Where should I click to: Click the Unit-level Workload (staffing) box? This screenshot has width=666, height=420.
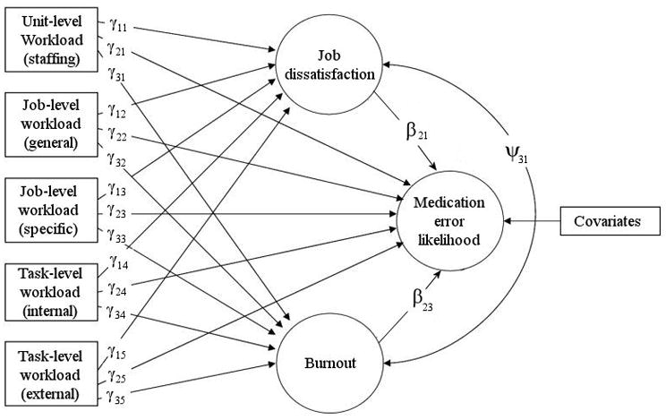51,42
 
